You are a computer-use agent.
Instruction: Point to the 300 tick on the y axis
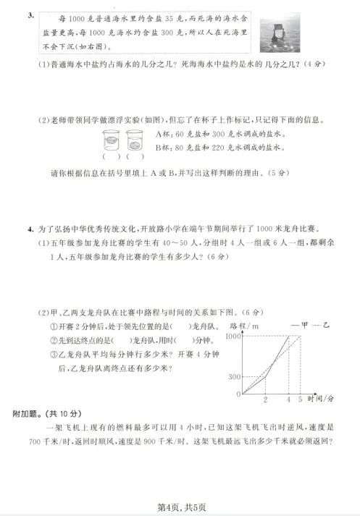coord(234,377)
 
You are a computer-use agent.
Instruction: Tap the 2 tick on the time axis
coord(265,399)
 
